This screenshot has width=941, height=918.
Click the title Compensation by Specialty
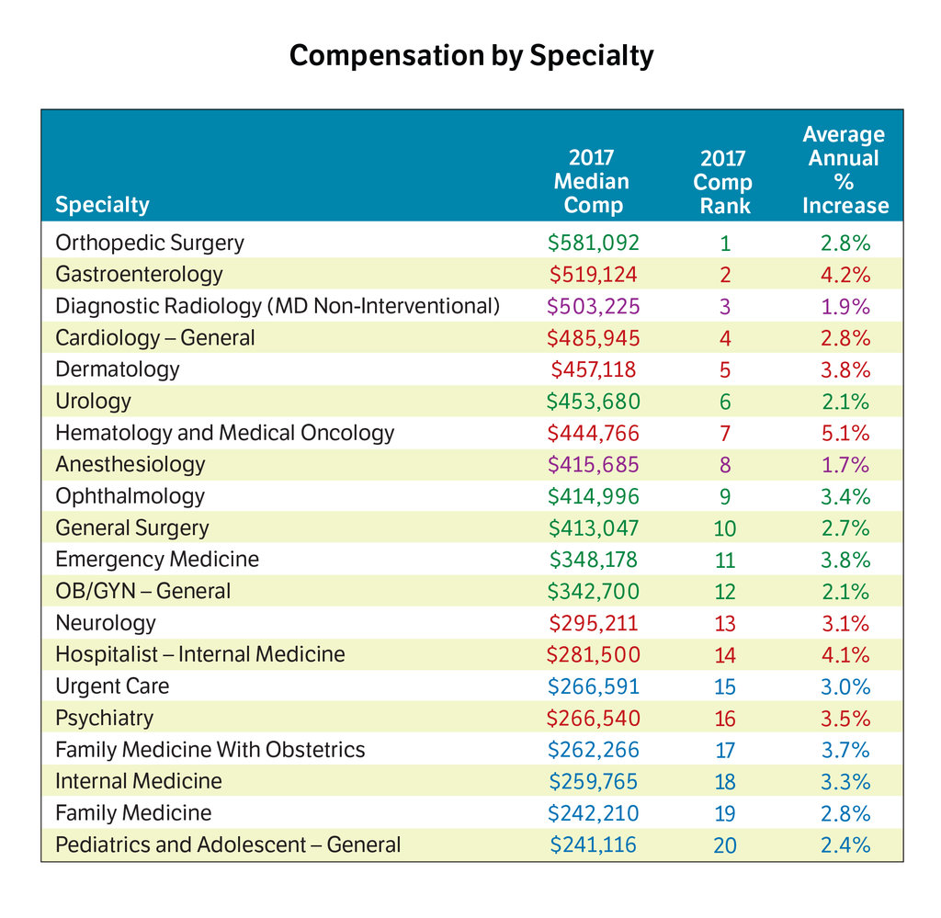coord(471,56)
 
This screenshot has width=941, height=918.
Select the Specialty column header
coord(102,205)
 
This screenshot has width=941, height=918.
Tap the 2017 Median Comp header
coord(592,181)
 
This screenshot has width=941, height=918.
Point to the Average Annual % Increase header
coord(845,170)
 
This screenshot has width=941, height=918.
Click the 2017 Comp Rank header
coord(724,182)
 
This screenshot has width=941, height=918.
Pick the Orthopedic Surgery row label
coord(150,243)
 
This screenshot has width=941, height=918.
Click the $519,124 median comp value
coord(593,275)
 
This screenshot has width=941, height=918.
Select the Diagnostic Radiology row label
coord(278,306)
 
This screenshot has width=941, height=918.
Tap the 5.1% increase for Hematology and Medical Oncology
coord(845,433)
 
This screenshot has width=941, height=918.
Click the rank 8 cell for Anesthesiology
coord(725,465)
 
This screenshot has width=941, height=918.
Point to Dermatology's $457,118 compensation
coord(593,369)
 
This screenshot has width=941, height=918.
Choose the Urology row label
coord(93,402)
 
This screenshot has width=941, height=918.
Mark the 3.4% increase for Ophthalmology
coord(845,497)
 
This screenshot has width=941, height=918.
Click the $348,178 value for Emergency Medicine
coord(593,560)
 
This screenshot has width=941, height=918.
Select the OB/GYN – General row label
coord(142,592)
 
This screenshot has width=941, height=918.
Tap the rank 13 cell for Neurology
coord(725,623)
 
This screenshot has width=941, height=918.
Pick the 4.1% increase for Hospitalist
coord(845,655)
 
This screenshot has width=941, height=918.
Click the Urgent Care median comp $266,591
coord(593,687)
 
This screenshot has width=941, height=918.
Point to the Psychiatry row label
coord(104,719)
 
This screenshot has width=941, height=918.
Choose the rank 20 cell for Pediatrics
coord(725,845)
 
